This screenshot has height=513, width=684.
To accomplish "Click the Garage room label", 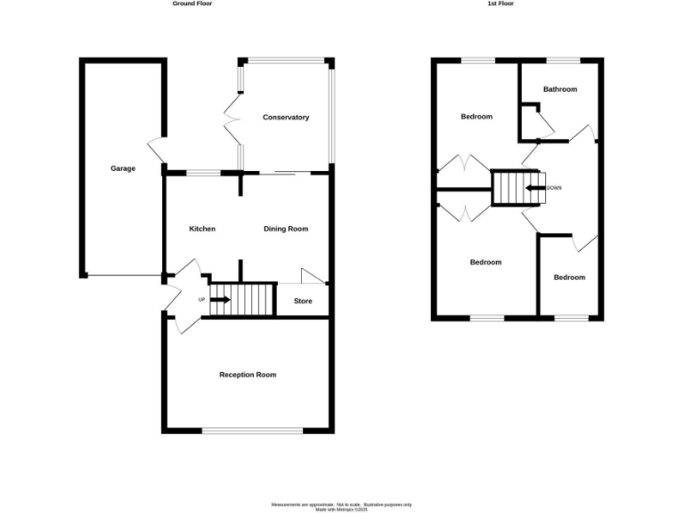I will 123,168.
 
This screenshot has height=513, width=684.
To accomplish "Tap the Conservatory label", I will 286,118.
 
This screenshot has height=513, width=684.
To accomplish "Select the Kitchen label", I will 202,229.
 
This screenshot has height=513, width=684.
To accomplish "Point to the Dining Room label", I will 286,229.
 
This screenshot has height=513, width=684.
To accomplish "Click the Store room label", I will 304,301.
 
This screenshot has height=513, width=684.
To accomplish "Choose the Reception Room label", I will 248,375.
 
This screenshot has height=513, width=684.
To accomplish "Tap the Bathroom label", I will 560,89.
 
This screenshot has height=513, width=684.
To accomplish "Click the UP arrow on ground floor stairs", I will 219,299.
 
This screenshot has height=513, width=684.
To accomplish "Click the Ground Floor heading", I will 192,4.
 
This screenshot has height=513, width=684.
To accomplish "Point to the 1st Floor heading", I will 501,4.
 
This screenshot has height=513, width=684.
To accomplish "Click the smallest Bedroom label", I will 569,277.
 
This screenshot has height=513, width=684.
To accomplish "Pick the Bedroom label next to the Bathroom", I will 476,117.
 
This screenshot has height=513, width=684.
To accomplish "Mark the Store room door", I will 313,276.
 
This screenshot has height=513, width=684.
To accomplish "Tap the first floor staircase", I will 510,188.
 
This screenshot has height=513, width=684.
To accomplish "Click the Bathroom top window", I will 563,61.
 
